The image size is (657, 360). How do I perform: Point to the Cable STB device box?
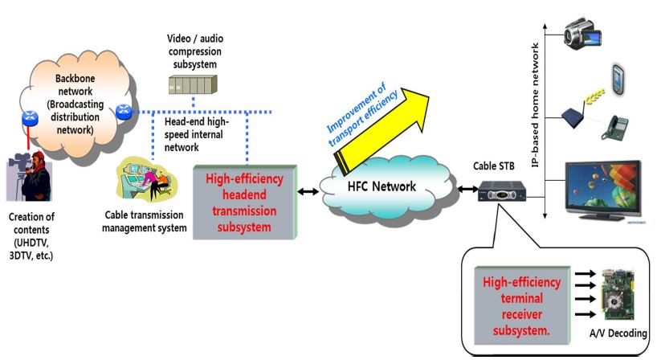click(502, 190)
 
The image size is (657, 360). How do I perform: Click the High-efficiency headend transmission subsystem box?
click(245, 202)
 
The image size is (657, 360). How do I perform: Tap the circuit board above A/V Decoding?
click(618, 297)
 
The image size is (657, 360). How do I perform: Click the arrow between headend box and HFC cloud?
click(310, 191)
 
